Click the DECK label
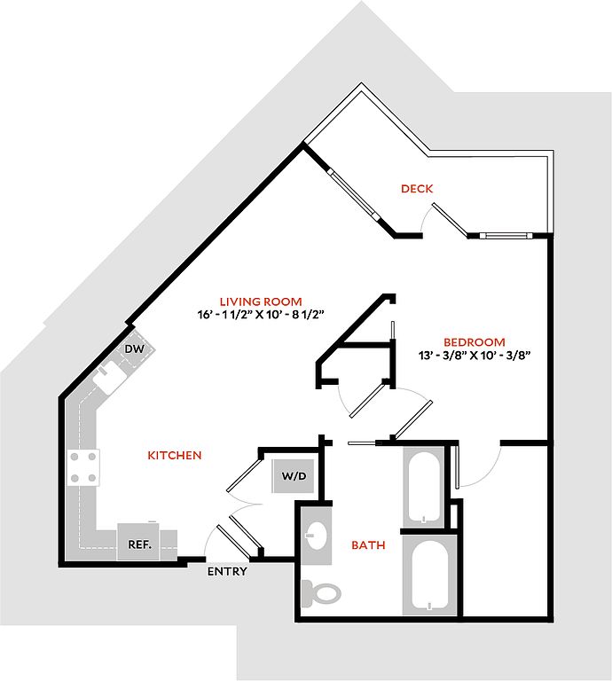click(x=417, y=189)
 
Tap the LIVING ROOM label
click(x=261, y=301)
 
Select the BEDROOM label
click(x=475, y=341)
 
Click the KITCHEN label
click(x=175, y=455)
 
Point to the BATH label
click(x=368, y=544)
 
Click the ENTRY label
click(x=227, y=571)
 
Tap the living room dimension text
click(x=262, y=315)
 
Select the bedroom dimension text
click(x=475, y=356)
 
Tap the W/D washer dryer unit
click(x=294, y=475)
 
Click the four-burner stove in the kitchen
click(x=83, y=467)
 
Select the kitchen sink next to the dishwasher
click(x=109, y=377)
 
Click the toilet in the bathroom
click(x=321, y=592)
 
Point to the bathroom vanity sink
click(x=317, y=536)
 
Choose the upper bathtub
click(x=424, y=487)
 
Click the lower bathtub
click(x=429, y=575)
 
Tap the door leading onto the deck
click(x=451, y=220)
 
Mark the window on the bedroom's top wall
click(x=506, y=236)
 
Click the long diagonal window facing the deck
click(x=353, y=192)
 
